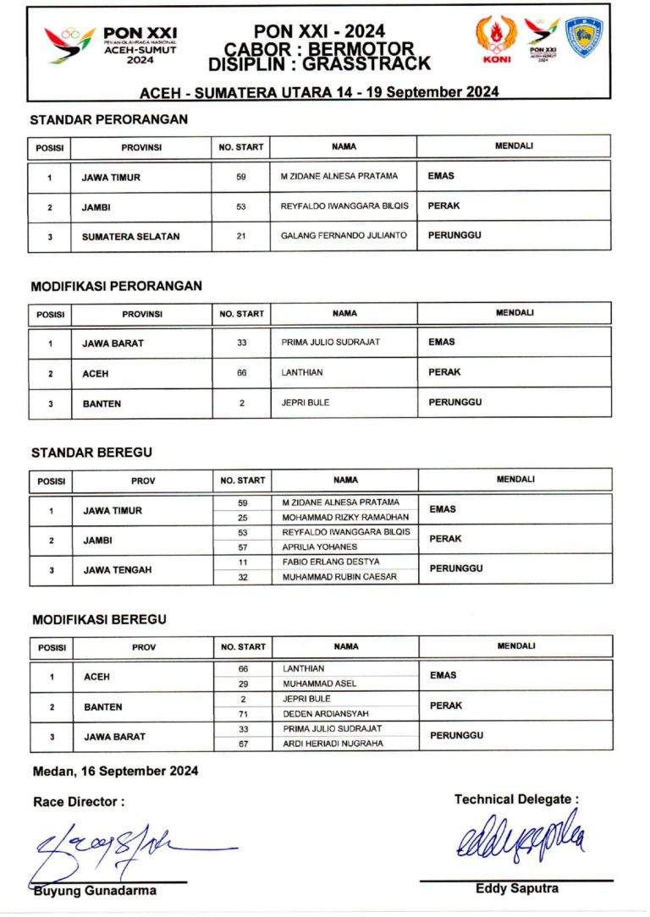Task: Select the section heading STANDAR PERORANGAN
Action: click(x=109, y=119)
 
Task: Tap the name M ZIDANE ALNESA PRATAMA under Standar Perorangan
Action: click(x=339, y=176)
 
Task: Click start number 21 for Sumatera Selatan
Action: click(x=241, y=236)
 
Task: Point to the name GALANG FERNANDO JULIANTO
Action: click(x=344, y=235)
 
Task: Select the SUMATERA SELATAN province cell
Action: click(x=130, y=237)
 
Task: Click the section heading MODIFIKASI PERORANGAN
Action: click(x=117, y=286)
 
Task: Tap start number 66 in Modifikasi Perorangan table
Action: click(x=242, y=372)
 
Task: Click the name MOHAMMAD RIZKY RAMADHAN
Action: click(x=345, y=517)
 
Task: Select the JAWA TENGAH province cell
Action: click(x=118, y=570)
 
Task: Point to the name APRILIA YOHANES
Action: click(x=320, y=546)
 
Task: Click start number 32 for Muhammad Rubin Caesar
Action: click(x=242, y=577)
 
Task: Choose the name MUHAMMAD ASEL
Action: click(x=320, y=684)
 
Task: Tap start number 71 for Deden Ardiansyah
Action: click(x=243, y=714)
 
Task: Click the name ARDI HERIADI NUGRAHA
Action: click(x=333, y=744)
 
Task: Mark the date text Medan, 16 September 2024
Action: click(x=115, y=771)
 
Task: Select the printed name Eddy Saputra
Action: click(x=516, y=888)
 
